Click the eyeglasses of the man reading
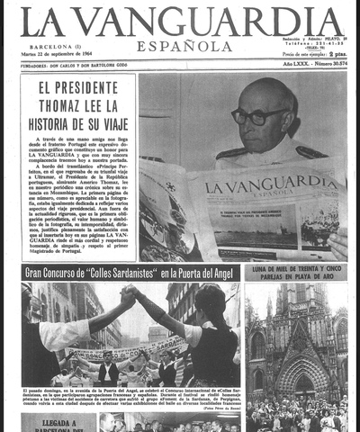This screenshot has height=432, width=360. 257,116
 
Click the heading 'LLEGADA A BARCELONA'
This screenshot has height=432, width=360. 58,424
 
